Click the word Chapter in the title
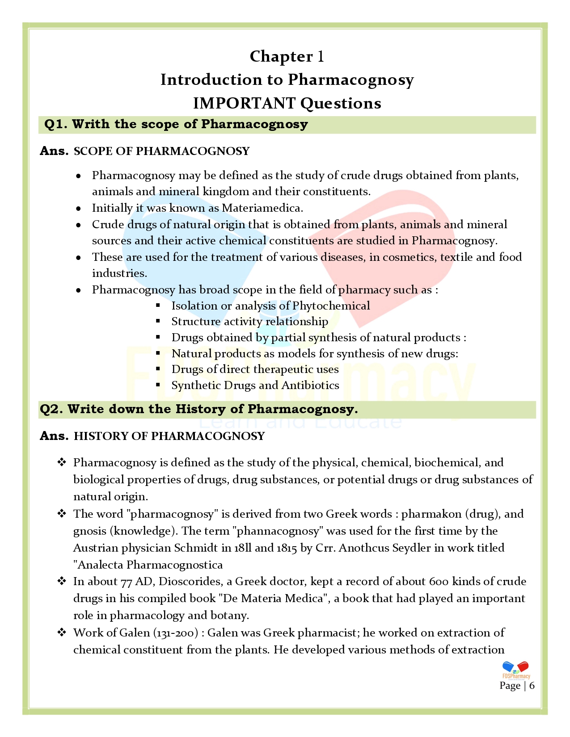point(281,56)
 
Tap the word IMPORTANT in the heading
point(244,103)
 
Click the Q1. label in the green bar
point(56,124)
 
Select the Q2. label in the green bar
point(51,409)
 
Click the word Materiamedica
point(262,208)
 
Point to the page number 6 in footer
point(532,686)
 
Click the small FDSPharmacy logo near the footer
point(516,670)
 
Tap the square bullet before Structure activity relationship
point(158,321)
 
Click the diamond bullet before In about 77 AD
point(62,581)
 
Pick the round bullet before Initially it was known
point(79,209)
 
